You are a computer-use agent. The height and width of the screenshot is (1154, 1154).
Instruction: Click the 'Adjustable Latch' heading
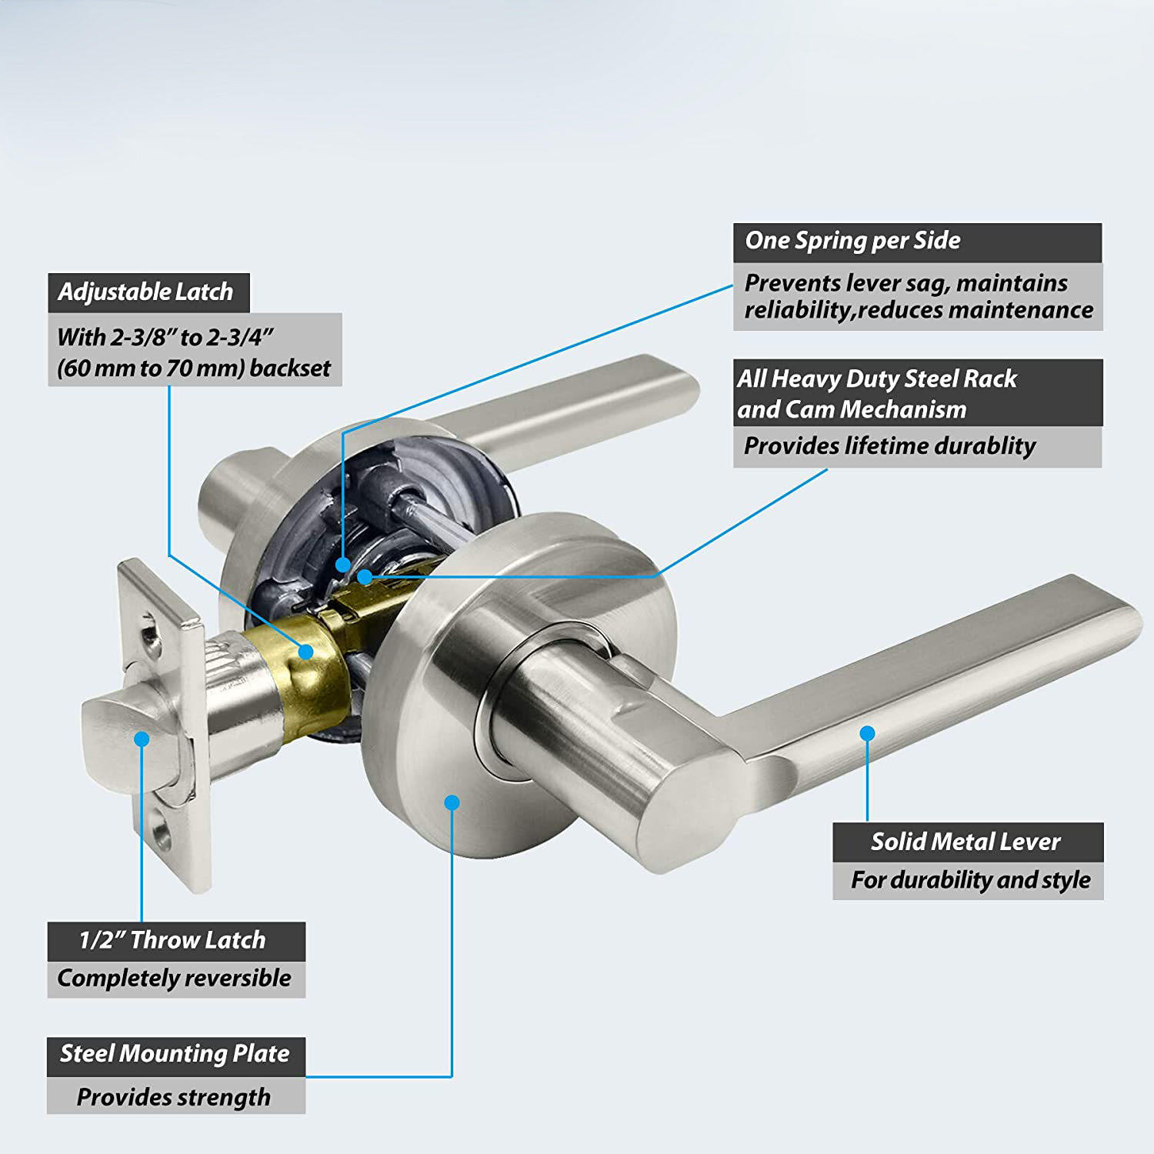tap(145, 292)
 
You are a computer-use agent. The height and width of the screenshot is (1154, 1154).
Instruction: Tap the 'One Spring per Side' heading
tap(852, 241)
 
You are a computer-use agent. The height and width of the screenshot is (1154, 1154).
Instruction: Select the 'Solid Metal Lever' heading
tap(966, 842)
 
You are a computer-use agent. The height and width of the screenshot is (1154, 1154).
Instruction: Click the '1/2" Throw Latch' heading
tap(172, 940)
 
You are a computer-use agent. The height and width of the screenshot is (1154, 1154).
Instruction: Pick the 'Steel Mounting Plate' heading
tap(175, 1053)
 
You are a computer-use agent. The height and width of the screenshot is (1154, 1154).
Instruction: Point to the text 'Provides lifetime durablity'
tap(889, 447)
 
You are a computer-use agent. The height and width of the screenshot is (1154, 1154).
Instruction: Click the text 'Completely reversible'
tap(174, 979)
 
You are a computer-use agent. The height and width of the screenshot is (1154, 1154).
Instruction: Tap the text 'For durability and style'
tap(970, 880)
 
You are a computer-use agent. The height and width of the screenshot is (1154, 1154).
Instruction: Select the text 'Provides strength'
tap(174, 1098)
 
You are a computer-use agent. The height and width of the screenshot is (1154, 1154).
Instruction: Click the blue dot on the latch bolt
tap(141, 739)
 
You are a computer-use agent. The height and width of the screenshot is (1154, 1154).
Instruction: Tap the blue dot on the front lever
tap(867, 733)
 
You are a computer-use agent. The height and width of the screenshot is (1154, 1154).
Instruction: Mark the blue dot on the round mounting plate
tap(452, 802)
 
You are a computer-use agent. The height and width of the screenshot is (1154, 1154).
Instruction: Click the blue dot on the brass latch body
tap(306, 652)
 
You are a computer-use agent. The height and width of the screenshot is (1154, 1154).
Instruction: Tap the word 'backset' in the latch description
tap(289, 369)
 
